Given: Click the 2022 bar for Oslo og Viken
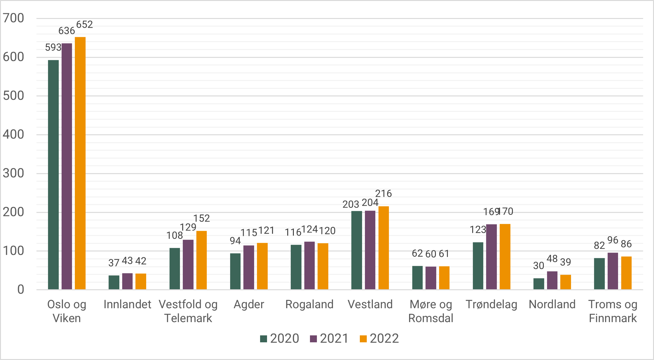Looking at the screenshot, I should (x=80, y=163).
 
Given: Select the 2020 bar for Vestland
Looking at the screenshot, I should (x=357, y=250).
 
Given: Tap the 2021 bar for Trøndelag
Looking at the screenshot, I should (x=491, y=257).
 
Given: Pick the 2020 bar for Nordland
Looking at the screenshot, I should (x=539, y=284).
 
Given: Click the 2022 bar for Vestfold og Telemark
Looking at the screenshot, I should (x=201, y=260).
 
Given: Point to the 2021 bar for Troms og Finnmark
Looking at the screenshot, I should (x=613, y=271).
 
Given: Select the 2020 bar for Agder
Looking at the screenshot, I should (x=235, y=271).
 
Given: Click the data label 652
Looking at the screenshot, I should (x=85, y=25).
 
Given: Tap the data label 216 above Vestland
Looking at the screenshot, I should (x=383, y=194).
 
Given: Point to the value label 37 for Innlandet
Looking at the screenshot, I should (x=114, y=263).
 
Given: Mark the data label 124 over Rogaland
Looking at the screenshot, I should (x=309, y=229).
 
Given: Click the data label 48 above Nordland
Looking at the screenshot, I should (x=552, y=259).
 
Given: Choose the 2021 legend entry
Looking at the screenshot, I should (x=329, y=339).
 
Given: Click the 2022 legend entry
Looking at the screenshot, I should (x=379, y=339).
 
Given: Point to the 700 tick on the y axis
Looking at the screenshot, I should (x=14, y=18).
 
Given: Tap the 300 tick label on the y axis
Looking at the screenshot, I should (x=14, y=173).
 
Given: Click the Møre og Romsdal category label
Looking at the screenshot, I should (x=431, y=311).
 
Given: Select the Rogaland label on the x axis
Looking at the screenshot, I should (x=309, y=304).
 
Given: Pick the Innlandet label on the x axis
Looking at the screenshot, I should (x=127, y=304).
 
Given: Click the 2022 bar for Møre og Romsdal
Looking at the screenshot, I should (x=444, y=278).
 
